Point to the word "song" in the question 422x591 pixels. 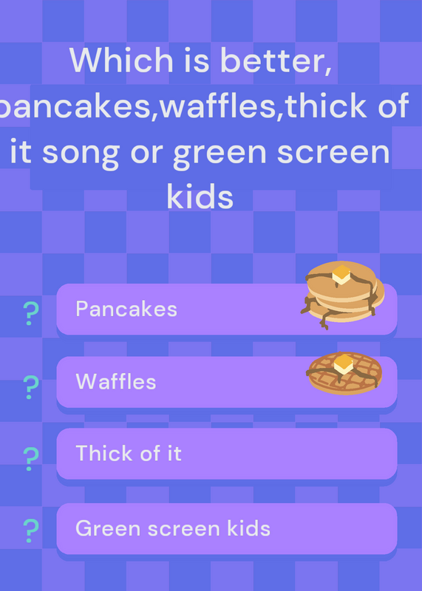81,154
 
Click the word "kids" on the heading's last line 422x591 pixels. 200,196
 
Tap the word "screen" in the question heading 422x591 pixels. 334,151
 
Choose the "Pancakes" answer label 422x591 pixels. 126,309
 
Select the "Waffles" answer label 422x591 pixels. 116,381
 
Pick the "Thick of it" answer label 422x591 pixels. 129,453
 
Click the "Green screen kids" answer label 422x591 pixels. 173,528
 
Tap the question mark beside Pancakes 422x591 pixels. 31,313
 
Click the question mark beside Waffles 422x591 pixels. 31,387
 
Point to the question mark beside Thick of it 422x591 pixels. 31,459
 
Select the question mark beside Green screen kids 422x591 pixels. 31,530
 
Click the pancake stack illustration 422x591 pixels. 342,295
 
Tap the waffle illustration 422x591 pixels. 344,373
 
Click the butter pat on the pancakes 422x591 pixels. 341,274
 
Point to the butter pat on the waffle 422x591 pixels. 344,364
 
